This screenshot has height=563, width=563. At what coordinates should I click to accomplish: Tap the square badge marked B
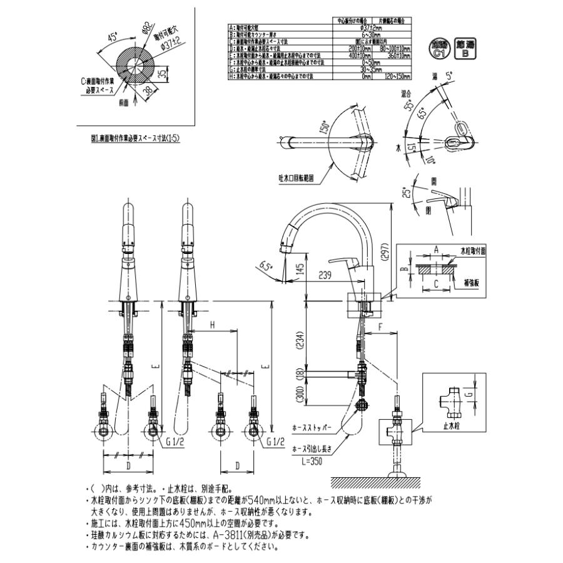[465, 49]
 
